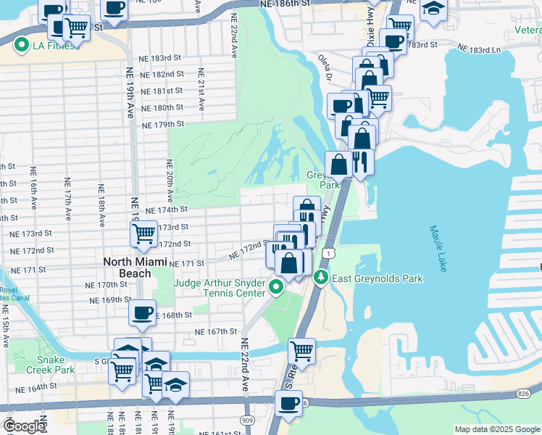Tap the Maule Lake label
(x=439, y=248)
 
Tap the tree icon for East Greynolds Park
(x=320, y=277)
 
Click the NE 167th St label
(x=215, y=331)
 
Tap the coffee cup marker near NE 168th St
(x=142, y=312)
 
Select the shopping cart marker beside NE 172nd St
(x=143, y=233)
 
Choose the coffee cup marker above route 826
(x=288, y=403)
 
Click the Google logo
(x=23, y=426)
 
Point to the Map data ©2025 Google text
(x=496, y=429)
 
